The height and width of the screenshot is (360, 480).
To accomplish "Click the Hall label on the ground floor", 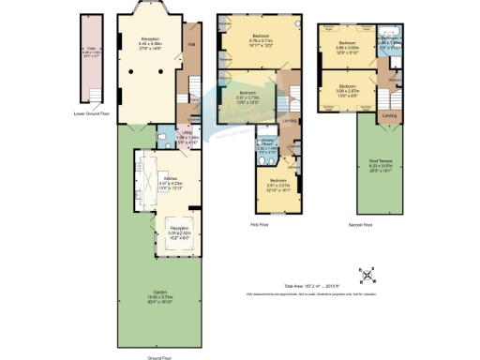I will pyautogui.click(x=191, y=44).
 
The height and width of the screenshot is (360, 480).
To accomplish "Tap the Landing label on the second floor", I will pyautogui.click(x=389, y=117).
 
